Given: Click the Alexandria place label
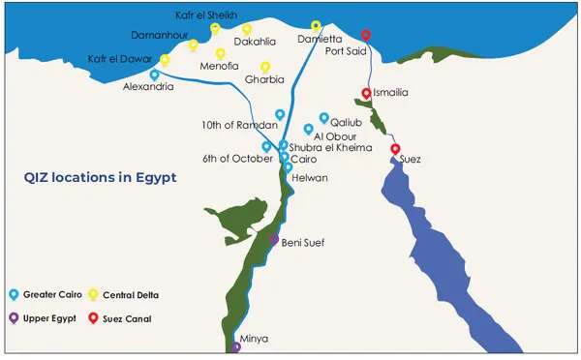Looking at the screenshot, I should pos(149,87).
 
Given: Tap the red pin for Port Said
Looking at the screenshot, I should pos(365,36).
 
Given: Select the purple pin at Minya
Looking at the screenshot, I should pos(236,346).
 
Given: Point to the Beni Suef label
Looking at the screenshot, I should pos(303,242).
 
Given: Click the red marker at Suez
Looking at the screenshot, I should pos(395,149).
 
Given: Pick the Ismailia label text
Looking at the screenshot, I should pos(392,92).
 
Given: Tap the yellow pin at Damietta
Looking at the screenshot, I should pos(316,26).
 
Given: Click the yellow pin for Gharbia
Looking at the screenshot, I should pos(264,67).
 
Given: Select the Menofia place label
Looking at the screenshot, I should pos(220,68).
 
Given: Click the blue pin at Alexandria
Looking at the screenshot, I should pos(155,75).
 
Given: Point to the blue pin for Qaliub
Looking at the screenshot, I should pos(324,118).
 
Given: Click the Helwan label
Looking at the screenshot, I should pos(310,178).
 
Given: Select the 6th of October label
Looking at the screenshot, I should pos(232,159).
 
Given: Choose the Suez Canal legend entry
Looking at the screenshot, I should pos(131,316).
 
